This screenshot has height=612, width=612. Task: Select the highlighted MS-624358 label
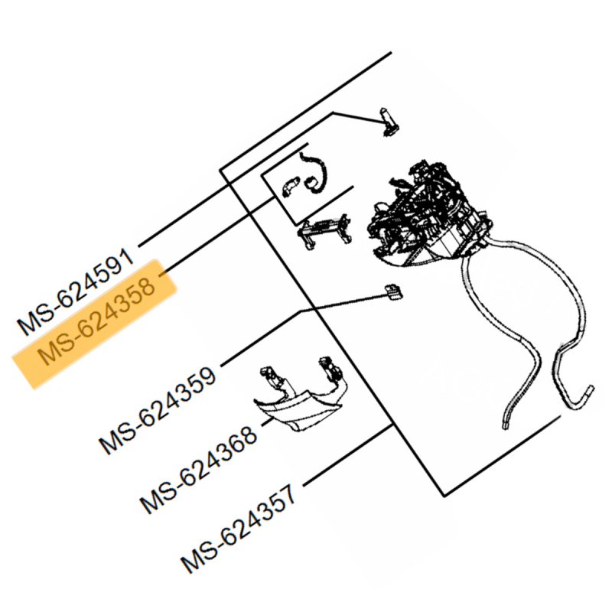[96, 324]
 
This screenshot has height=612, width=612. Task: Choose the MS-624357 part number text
[241, 528]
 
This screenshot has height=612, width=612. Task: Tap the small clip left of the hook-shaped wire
[288, 186]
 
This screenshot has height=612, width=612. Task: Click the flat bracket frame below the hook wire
[326, 229]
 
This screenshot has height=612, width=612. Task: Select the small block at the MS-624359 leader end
[393, 291]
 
